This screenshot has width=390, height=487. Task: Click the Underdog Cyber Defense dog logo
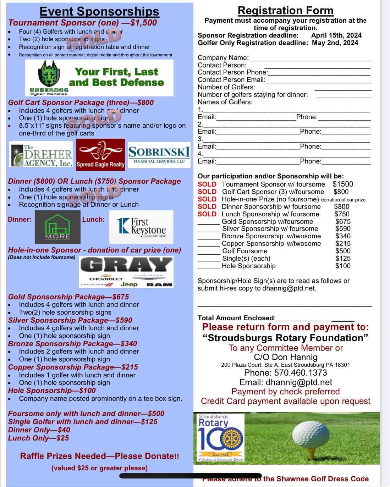[49, 75]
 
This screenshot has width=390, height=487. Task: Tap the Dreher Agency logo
[41, 154]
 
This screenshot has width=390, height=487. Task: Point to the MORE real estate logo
[58, 227]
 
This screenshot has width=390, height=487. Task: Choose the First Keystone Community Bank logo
[141, 227]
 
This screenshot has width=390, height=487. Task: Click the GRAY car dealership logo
[126, 272]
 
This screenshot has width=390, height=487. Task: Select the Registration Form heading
[285, 10]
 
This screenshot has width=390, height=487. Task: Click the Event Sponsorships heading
[99, 11]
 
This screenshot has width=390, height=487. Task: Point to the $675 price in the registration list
[343, 221]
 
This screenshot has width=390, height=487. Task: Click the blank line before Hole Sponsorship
[209, 266]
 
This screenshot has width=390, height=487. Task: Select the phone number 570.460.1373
[285, 372]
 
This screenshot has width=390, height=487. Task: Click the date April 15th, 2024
[336, 35]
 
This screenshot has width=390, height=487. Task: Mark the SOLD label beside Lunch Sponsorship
[207, 214]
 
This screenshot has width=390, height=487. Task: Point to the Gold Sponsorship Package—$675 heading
[68, 297]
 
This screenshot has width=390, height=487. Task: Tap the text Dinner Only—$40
[39, 430]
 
